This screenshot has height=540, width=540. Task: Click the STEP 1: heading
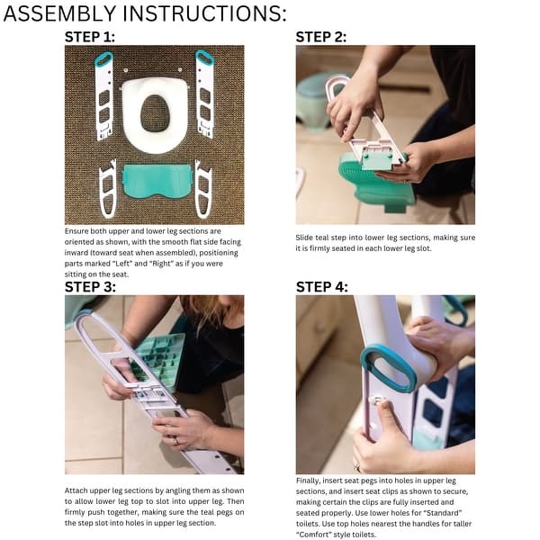coord(89,37)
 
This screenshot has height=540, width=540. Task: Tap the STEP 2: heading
coord(321,37)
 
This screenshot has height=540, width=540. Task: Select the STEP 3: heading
coord(90,287)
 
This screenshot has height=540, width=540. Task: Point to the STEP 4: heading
coord(322,287)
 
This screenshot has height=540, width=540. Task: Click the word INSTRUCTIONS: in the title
coord(204,13)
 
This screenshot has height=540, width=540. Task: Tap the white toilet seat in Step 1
coord(155,114)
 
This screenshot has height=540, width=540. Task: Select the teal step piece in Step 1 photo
coord(157,181)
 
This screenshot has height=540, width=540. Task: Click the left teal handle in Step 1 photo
coord(103,59)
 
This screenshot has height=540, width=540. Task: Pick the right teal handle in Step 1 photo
coord(205,58)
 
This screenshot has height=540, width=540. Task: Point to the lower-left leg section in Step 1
coord(108,188)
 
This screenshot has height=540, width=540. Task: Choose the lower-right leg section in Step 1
coord(203,188)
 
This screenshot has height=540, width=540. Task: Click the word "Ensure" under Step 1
coord(76,231)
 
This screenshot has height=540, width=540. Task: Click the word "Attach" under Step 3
coord(76,490)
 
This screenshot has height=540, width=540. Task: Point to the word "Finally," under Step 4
coord(308,481)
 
